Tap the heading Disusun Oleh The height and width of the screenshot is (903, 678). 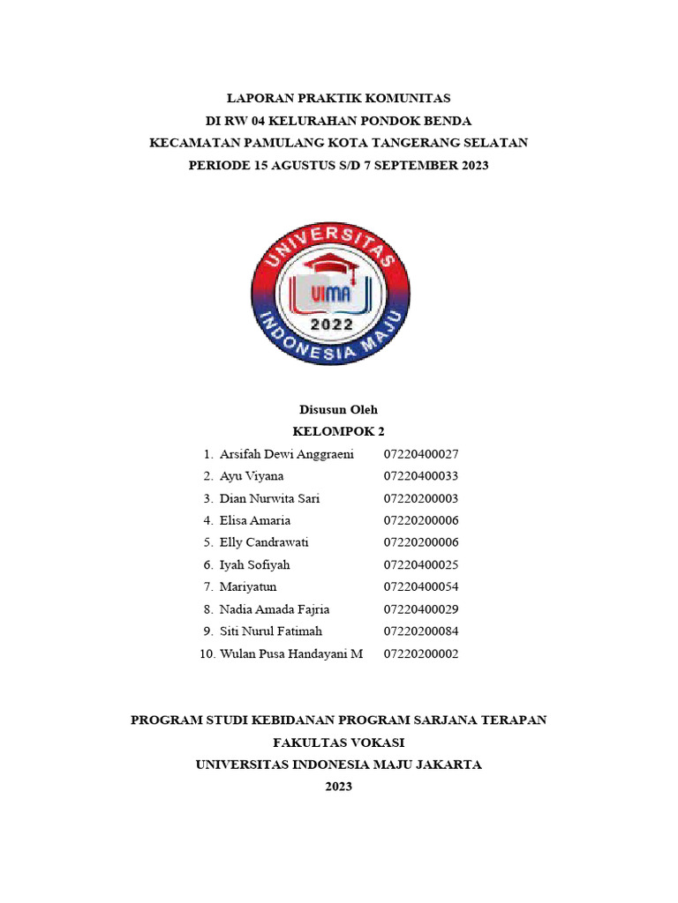click(339, 409)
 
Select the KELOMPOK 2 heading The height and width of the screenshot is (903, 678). click(339, 432)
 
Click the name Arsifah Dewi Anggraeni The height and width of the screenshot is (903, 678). click(286, 454)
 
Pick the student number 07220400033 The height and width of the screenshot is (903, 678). click(421, 476)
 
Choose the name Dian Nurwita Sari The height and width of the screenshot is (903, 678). click(269, 498)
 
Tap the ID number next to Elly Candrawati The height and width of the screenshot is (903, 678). click(421, 542)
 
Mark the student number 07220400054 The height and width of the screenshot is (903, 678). click(421, 587)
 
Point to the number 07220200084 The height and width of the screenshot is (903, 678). click(421, 631)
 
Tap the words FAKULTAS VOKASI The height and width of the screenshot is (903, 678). click(339, 743)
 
